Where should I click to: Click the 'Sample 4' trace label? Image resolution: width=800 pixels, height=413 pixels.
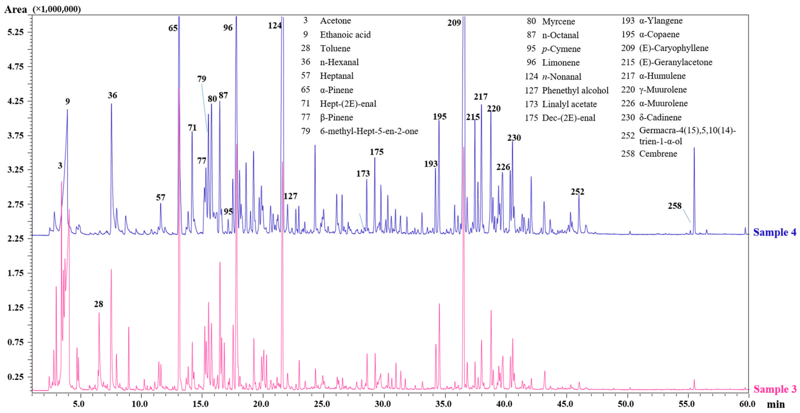[x=774, y=232]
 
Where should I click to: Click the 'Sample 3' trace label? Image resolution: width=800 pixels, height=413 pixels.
[x=774, y=389]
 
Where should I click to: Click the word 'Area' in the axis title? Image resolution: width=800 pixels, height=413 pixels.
[x=16, y=10]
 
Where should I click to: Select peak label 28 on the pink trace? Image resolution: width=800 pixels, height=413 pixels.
[x=98, y=304]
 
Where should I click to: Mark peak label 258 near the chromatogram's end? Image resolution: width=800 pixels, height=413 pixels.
[x=674, y=206]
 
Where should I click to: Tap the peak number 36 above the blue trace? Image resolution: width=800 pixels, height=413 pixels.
[x=112, y=95]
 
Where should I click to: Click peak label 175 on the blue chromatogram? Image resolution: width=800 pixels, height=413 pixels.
[x=376, y=152]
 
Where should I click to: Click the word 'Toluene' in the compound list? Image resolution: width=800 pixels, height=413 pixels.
[x=335, y=48]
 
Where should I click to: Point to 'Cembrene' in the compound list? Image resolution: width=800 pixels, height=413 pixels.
[x=658, y=154]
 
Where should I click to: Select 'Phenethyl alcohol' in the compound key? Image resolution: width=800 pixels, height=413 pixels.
[x=575, y=90]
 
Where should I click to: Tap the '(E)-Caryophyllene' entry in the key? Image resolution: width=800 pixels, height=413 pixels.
[x=674, y=48]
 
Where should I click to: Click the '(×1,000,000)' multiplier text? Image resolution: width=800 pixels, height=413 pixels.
[x=57, y=9]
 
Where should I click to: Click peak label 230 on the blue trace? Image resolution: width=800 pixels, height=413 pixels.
[x=514, y=138]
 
